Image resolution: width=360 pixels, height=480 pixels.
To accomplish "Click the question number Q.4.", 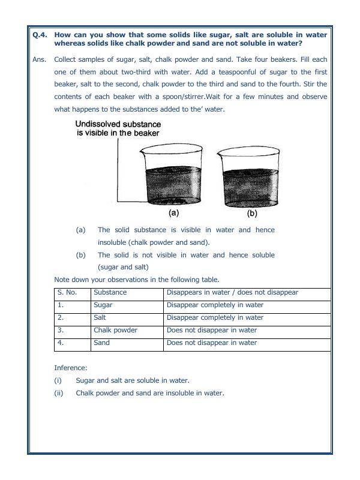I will click(x=40, y=35).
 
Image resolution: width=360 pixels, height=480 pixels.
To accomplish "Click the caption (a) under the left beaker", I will click(x=173, y=212).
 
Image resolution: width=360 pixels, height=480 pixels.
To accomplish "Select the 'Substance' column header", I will click(x=110, y=293).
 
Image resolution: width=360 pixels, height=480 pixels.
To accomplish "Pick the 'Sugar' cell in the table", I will click(x=103, y=305).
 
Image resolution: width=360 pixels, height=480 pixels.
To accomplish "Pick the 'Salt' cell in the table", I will click(x=100, y=318).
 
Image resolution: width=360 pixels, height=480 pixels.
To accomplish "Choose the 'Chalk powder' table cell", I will click(x=115, y=331).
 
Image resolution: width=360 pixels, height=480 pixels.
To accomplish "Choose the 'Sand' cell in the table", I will click(x=101, y=343).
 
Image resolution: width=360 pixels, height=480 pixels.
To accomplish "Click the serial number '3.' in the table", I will click(x=61, y=331).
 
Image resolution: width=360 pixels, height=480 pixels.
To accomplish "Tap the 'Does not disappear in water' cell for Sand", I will click(x=211, y=343).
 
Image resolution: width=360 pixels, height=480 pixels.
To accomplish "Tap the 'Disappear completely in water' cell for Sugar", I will click(x=215, y=305).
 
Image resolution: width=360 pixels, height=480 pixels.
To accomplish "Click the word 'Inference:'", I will click(x=70, y=368).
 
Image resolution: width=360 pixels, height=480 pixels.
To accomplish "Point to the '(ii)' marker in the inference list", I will click(x=58, y=394).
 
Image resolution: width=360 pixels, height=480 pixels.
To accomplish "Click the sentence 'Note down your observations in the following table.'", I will click(x=136, y=280).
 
